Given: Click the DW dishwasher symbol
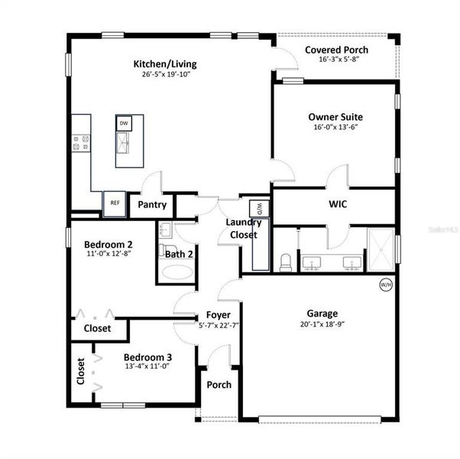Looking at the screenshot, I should (x=124, y=122).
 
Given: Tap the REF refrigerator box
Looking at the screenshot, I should (x=115, y=203).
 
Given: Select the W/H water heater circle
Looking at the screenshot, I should (x=386, y=285).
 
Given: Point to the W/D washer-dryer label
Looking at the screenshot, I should (x=259, y=207).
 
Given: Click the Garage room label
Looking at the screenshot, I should (x=322, y=313).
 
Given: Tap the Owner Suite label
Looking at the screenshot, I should (x=335, y=116).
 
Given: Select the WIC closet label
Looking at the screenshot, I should (x=338, y=205).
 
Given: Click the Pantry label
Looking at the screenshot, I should (x=152, y=204).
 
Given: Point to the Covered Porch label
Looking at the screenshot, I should (x=336, y=50).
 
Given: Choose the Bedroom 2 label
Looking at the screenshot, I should (x=108, y=244).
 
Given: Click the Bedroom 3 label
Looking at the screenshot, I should (x=147, y=356).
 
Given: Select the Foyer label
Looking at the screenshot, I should (x=219, y=314).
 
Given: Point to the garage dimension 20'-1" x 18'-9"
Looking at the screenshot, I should (x=322, y=324).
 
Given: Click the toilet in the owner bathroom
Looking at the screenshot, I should (x=286, y=262).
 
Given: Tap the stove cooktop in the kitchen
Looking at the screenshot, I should (x=81, y=142).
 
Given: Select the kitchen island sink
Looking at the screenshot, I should (x=124, y=142).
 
